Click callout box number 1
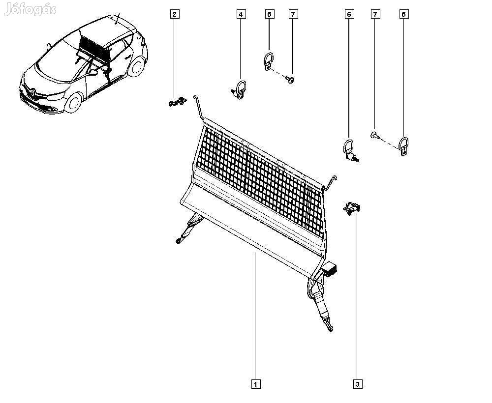tap(255, 383)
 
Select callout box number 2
tap(174, 14)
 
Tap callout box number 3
tap(357, 383)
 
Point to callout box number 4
tap(241, 14)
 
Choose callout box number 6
tap(349, 14)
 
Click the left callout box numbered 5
tap(269, 14)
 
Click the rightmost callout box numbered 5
tap(404, 14)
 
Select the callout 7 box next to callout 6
tap(375, 14)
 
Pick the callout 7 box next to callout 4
tap(293, 14)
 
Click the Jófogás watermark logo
tap(31, 9)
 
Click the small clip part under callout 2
tap(178, 102)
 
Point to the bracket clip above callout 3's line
tap(351, 208)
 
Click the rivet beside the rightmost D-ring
tap(375, 135)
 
